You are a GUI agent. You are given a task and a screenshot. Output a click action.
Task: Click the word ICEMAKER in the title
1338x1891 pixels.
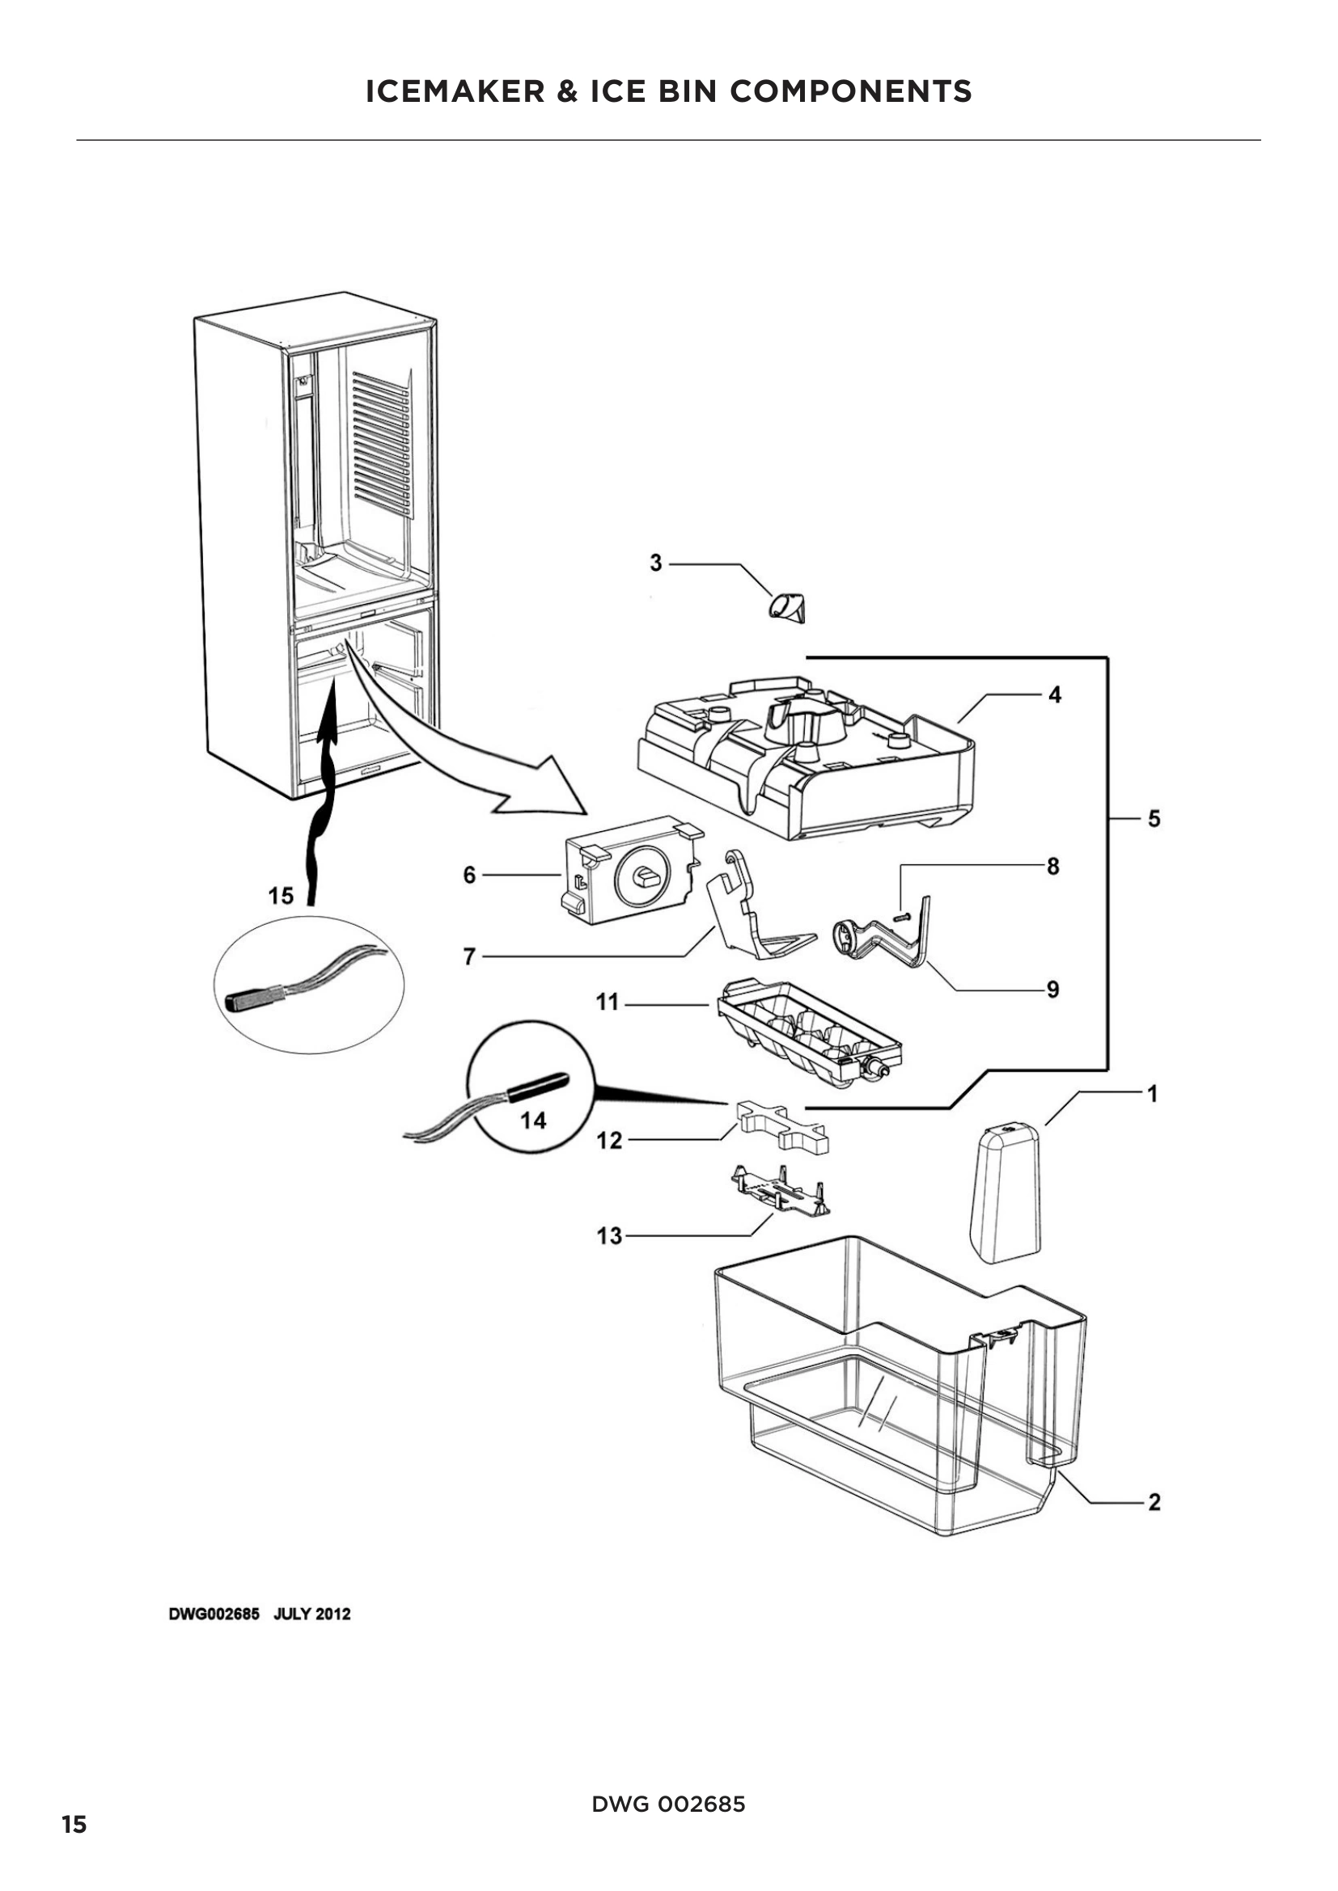[x=455, y=91]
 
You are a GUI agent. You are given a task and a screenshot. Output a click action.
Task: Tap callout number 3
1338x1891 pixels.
[x=656, y=564]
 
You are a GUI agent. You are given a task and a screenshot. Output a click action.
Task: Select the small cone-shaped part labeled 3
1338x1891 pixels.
[x=790, y=609]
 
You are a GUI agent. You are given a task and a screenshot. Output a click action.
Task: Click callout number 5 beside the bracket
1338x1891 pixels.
[x=1154, y=819]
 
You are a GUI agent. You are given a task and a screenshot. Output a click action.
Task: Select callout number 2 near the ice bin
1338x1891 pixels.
[x=1154, y=1502]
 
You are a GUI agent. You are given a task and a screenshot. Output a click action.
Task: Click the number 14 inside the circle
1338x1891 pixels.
[x=533, y=1120]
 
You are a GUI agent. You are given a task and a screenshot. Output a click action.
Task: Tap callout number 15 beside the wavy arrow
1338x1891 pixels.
[x=281, y=896]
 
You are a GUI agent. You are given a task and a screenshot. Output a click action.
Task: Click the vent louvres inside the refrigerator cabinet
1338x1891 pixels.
[x=381, y=445]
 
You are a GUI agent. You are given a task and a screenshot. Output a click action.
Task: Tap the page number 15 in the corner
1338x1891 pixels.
[x=74, y=1826]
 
